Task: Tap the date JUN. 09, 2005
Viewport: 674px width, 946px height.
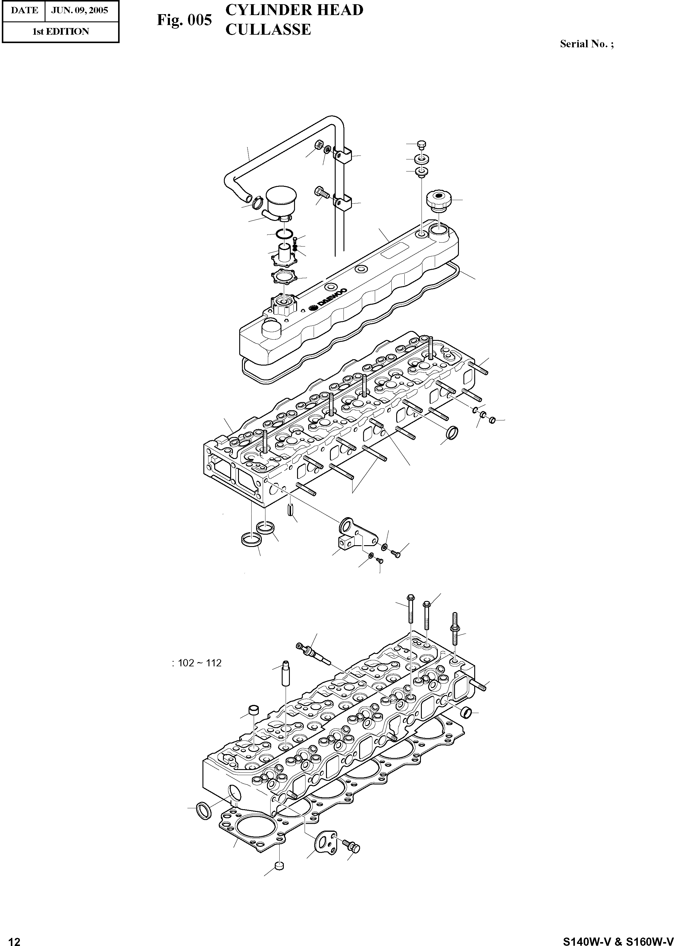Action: point(79,10)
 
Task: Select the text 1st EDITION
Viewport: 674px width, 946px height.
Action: point(61,32)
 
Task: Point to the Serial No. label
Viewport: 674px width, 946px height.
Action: point(586,44)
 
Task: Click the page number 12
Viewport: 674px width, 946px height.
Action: point(14,938)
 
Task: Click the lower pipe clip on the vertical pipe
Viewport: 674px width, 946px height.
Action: point(343,203)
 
